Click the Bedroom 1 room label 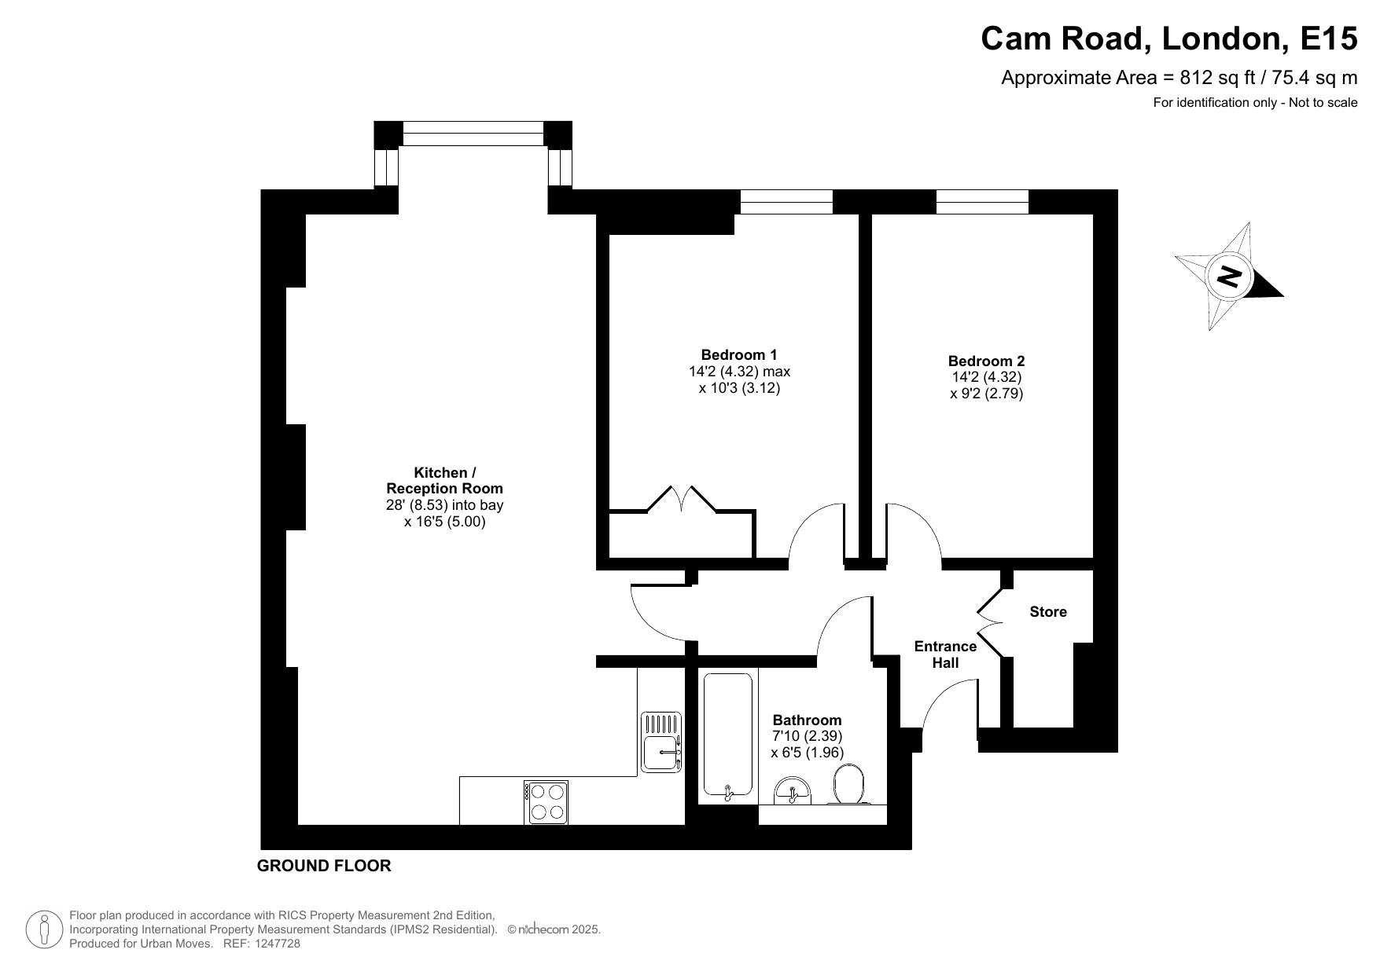tap(739, 354)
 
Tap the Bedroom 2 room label tap(986, 361)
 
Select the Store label tap(1048, 612)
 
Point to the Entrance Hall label tap(945, 654)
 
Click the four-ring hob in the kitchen tap(546, 802)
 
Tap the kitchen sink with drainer tap(661, 742)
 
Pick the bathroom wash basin tap(793, 791)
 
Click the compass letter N tap(1229, 276)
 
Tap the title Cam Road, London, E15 tap(1168, 38)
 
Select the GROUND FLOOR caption tap(324, 866)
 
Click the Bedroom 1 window tap(786, 202)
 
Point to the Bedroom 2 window tap(982, 202)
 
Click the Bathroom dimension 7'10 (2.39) tap(807, 736)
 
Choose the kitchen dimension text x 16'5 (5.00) tap(445, 521)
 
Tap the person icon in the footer tap(44, 930)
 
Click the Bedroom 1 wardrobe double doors tap(682, 500)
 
